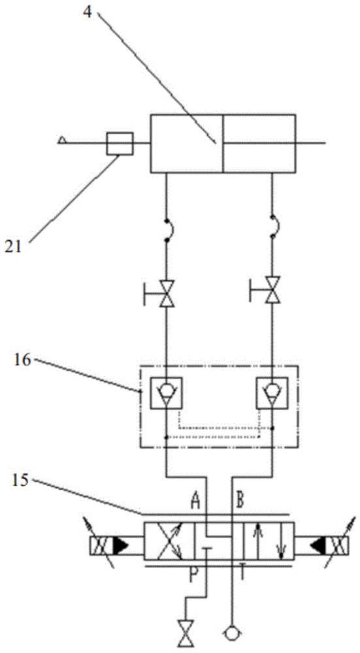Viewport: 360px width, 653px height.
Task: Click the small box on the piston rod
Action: click(x=120, y=144)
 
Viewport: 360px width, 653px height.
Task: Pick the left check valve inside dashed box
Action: click(x=166, y=392)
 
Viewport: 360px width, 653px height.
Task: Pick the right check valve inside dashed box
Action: click(x=272, y=392)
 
